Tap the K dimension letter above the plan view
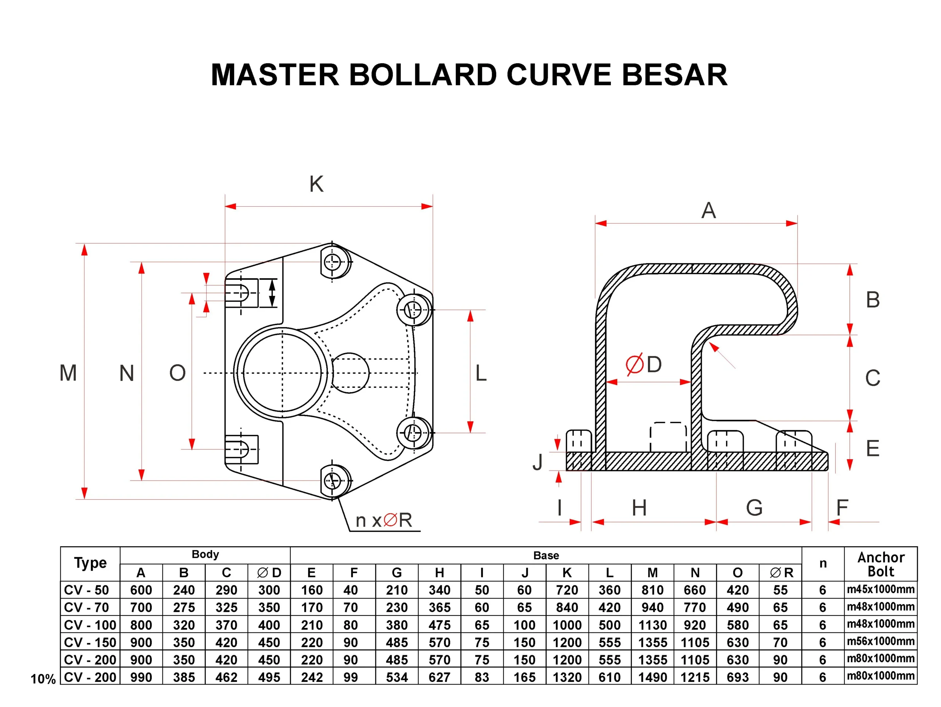pyautogui.click(x=316, y=184)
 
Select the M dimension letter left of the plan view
pyautogui.click(x=68, y=373)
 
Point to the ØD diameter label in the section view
pyautogui.click(x=644, y=365)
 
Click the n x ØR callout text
pyautogui.click(x=384, y=520)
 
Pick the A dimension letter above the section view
pyautogui.click(x=708, y=211)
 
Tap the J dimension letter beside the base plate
pyautogui.click(x=538, y=462)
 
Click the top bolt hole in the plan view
pyautogui.click(x=333, y=262)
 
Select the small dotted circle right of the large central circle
pyautogui.click(x=350, y=373)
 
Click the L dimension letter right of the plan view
pyautogui.click(x=481, y=373)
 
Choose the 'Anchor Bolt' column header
pyautogui.click(x=881, y=564)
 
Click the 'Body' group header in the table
pyautogui.click(x=205, y=554)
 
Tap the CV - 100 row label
pyautogui.click(x=90, y=625)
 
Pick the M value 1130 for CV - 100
pyautogui.click(x=652, y=625)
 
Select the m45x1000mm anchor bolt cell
pyautogui.click(x=881, y=590)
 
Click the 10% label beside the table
pyautogui.click(x=43, y=679)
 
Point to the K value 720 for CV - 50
pyautogui.click(x=567, y=590)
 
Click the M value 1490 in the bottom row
pyautogui.click(x=652, y=677)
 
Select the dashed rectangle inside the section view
pyautogui.click(x=668, y=437)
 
